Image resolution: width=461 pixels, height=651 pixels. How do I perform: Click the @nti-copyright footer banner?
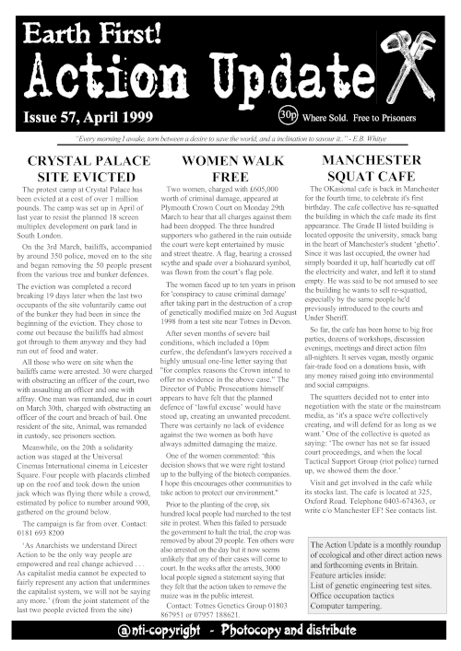pos(230,630)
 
